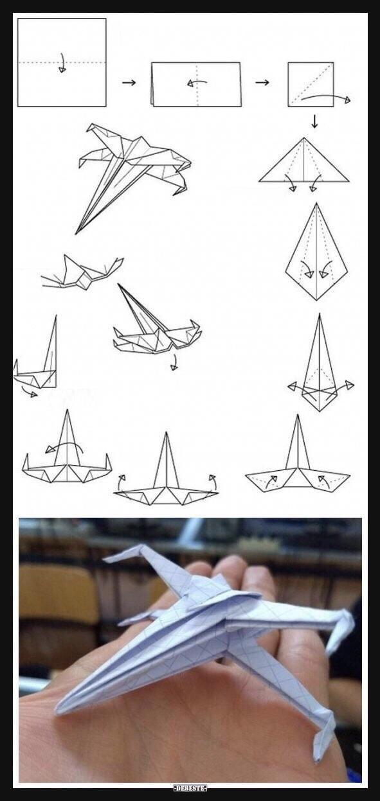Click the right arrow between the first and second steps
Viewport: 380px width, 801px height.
(129, 83)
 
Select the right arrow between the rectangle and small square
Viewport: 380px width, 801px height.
(262, 83)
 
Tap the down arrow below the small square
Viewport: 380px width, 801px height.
(314, 121)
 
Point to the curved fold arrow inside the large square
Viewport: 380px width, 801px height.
(62, 64)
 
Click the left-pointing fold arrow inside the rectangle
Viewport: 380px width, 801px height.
(197, 83)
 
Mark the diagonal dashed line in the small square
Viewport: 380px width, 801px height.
(311, 84)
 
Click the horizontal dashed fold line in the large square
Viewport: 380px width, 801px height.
(62, 62)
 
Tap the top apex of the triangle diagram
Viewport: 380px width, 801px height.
(305, 137)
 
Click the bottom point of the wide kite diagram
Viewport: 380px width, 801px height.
(316, 300)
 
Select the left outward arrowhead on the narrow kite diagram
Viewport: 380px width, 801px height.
(292, 386)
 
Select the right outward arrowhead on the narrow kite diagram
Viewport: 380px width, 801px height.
(350, 385)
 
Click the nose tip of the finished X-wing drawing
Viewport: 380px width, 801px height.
(76, 234)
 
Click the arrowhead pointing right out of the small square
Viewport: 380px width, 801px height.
(347, 100)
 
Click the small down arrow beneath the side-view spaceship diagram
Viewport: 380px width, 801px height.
(174, 362)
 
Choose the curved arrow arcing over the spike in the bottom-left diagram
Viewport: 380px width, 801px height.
(64, 446)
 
